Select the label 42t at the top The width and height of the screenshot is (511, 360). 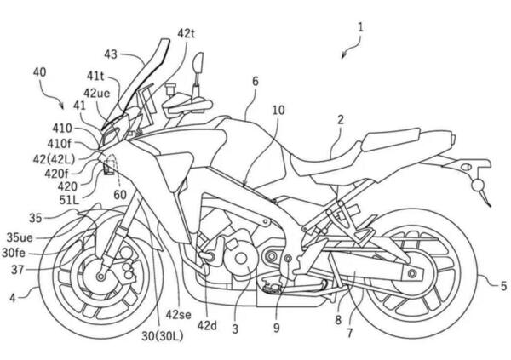187,32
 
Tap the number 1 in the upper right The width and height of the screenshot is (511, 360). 361,26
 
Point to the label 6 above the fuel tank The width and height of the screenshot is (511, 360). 255,82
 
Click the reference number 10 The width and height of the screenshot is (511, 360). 278,110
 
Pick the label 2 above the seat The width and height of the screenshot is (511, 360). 339,121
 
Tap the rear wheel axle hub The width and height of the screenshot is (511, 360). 414,272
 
